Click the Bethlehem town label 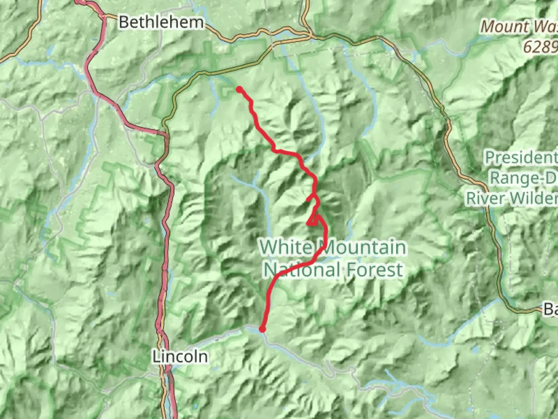pyautogui.click(x=161, y=22)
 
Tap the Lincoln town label pyautogui.click(x=179, y=357)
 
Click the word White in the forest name pyautogui.click(x=288, y=247)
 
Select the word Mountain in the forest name pyautogui.click(x=363, y=247)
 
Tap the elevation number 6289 pyautogui.click(x=540, y=47)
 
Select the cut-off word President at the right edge pyautogui.click(x=521, y=158)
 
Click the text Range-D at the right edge pyautogui.click(x=524, y=178)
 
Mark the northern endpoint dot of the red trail pyautogui.click(x=239, y=89)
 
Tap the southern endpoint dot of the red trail pyautogui.click(x=262, y=329)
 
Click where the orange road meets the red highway pyautogui.click(x=166, y=135)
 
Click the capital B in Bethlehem pyautogui.click(x=124, y=22)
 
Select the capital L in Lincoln pyautogui.click(x=155, y=357)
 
